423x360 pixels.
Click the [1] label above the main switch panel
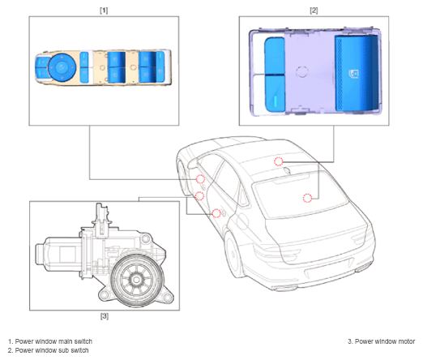[x=104, y=11]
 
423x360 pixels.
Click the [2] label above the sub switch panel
[x=314, y=11]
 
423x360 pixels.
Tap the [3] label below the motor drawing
[x=105, y=316]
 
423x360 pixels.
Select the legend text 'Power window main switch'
[x=53, y=341]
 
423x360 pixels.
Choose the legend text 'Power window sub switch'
[x=52, y=350]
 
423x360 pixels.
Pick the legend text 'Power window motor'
[x=385, y=341]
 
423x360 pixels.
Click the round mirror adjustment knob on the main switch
[x=62, y=66]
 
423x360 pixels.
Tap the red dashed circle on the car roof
[x=279, y=161]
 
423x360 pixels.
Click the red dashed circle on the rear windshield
[x=307, y=198]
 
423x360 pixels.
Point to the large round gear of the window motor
[x=138, y=280]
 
